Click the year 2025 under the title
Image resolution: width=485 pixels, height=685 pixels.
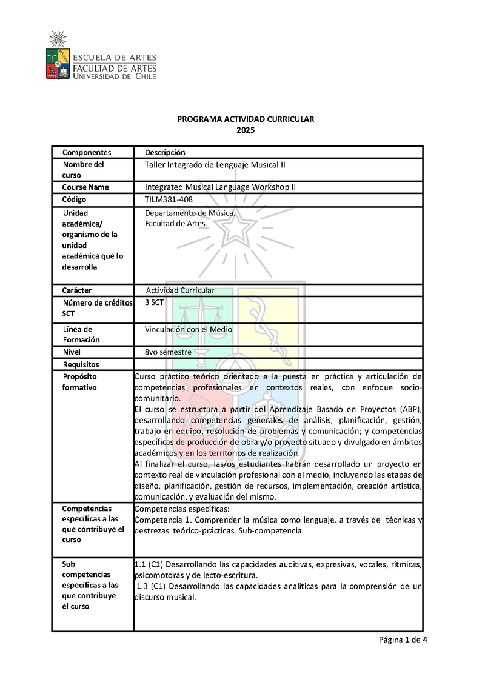pos(246,130)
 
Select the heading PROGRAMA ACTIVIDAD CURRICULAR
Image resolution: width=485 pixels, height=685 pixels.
pos(246,119)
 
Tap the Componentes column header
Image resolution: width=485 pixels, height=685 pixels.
pos(87,152)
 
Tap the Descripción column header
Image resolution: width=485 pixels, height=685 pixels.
pos(165,152)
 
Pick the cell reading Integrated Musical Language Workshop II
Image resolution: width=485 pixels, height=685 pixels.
pos(220,187)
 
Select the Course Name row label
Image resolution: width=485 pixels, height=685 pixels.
pos(85,187)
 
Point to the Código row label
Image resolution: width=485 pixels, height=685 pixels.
pos(75,199)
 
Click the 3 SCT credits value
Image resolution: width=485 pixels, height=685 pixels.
pos(155,302)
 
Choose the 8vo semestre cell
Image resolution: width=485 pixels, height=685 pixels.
pos(169,352)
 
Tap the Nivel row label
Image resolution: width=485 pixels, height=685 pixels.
pos(72,352)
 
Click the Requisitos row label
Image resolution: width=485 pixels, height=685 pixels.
pos(81,364)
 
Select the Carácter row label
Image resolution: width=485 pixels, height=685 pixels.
pos(77,290)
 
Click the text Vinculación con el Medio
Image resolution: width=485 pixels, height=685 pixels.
pos(189,329)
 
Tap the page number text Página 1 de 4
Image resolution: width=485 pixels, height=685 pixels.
pos(404,640)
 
